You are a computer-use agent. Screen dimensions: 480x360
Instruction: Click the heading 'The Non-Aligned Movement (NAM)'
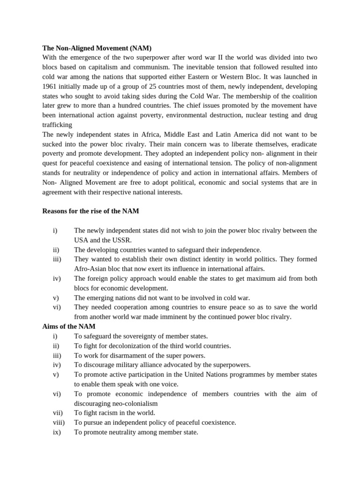click(97, 48)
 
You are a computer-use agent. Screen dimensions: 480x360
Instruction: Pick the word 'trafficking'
click(57, 125)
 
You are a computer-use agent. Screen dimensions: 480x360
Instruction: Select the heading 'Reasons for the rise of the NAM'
click(90, 211)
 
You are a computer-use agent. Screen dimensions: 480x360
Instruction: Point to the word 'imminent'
click(177, 317)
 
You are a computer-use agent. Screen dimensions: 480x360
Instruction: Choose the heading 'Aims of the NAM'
click(69, 326)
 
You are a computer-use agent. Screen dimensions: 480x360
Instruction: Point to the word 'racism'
click(112, 413)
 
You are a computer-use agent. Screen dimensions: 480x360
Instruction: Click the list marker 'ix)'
click(57, 432)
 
